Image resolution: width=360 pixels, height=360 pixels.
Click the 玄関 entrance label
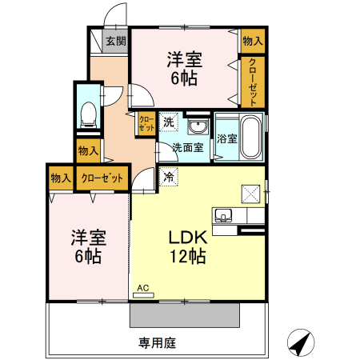pos(115,41)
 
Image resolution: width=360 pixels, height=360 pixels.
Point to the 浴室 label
pos(226,138)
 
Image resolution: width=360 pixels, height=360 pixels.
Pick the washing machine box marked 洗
pos(169,123)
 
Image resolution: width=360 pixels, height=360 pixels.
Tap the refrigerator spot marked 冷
pos(169,176)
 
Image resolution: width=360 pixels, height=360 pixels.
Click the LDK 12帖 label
pos(187,247)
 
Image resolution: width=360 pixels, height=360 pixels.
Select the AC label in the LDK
pos(143,287)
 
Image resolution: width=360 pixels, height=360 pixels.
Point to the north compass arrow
pos(299,342)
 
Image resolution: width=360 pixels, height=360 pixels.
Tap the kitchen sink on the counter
pos(222,214)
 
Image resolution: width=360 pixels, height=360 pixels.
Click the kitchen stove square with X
pos(248,193)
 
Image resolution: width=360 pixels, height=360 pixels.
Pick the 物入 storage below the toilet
pos(88,150)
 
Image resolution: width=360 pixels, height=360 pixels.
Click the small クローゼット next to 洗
pos(146,124)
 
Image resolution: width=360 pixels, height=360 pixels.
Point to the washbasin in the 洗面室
pos(196,126)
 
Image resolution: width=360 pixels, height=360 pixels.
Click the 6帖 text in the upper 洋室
pos(184,78)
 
